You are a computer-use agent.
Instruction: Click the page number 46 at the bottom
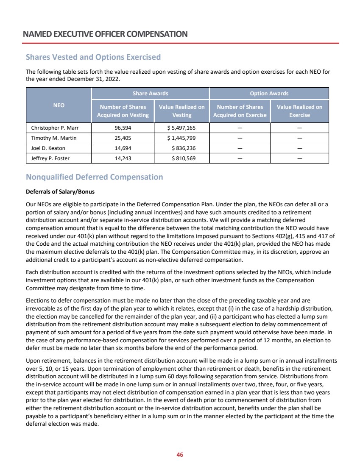(180, 455)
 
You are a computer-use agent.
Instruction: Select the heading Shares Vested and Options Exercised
(93, 57)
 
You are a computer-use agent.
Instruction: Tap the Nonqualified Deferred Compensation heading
(95, 177)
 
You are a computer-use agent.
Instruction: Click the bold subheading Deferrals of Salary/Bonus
(60, 191)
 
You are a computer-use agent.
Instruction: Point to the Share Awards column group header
(151, 93)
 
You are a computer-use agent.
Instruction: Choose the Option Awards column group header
(269, 93)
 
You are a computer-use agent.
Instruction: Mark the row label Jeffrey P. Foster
(50, 158)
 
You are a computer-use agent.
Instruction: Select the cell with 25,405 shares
(123, 138)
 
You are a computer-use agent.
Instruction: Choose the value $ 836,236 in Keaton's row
(184, 148)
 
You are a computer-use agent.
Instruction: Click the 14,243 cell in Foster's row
(123, 158)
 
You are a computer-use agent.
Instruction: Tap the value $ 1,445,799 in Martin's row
(181, 138)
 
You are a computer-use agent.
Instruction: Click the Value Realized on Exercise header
(299, 111)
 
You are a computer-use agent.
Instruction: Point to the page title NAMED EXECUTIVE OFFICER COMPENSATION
(106, 34)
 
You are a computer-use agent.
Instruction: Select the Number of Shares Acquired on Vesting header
(123, 111)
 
